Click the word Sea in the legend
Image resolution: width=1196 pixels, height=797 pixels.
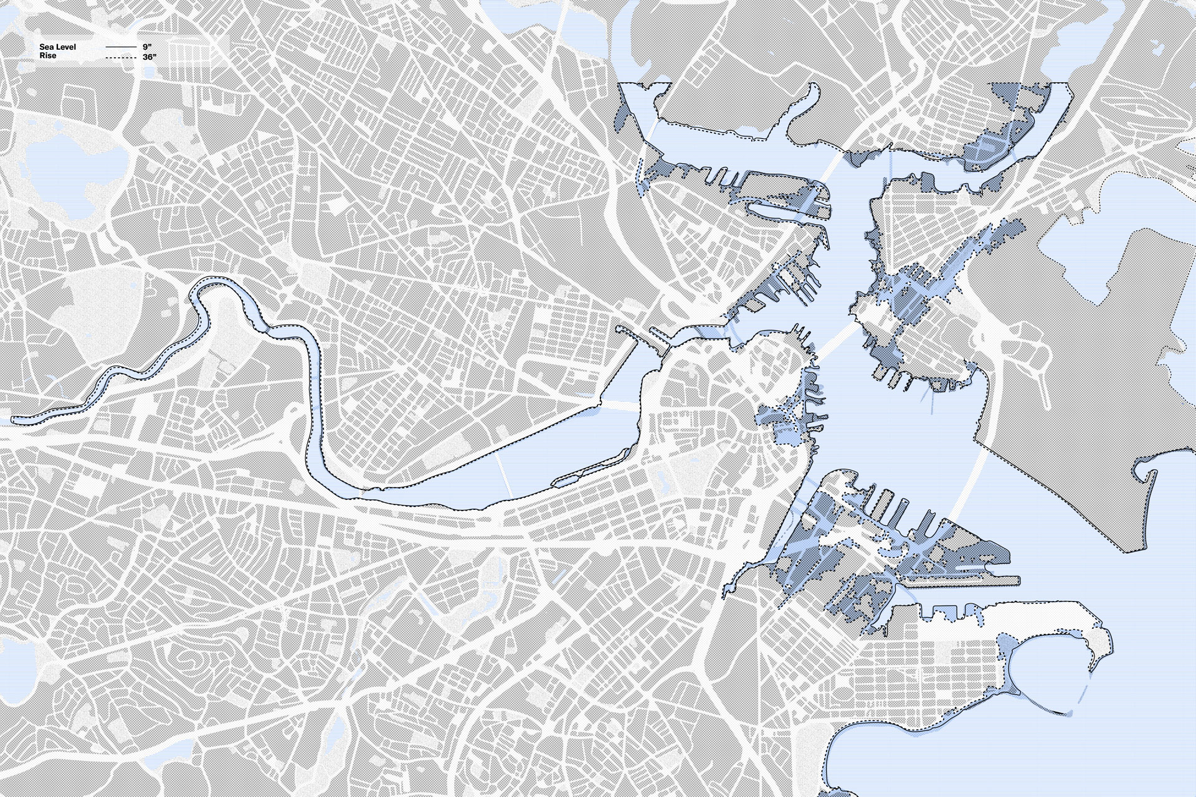pos(45,47)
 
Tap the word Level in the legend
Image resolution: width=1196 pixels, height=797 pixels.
pos(65,47)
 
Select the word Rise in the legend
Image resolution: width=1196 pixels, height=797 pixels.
pos(48,56)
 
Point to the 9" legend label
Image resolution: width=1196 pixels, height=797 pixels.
pos(147,47)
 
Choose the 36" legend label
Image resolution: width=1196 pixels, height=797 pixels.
pos(149,57)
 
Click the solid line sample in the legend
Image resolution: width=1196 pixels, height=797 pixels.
pos(120,47)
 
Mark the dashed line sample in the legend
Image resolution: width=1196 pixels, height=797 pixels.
pos(120,57)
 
